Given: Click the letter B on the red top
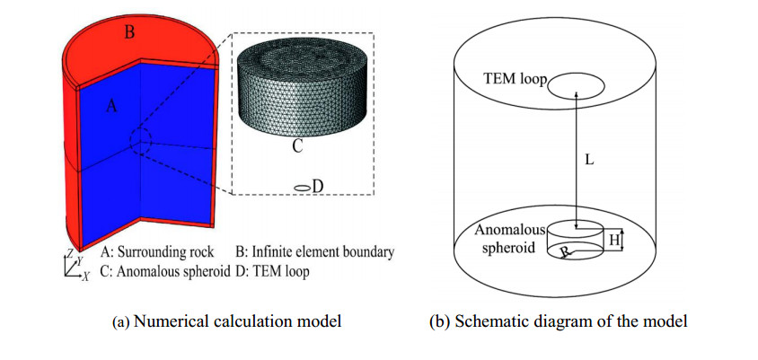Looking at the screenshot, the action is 129,33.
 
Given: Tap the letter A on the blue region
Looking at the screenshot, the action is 111,106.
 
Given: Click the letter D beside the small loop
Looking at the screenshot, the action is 318,186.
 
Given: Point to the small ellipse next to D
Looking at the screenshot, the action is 303,188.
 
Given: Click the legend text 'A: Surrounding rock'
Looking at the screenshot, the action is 157,252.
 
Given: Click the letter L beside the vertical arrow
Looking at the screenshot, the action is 589,160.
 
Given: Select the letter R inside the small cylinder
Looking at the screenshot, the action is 564,250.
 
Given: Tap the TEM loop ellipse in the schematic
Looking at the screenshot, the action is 576,86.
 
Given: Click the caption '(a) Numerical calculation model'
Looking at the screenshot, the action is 226,321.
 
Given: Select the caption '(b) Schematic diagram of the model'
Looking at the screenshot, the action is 559,321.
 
